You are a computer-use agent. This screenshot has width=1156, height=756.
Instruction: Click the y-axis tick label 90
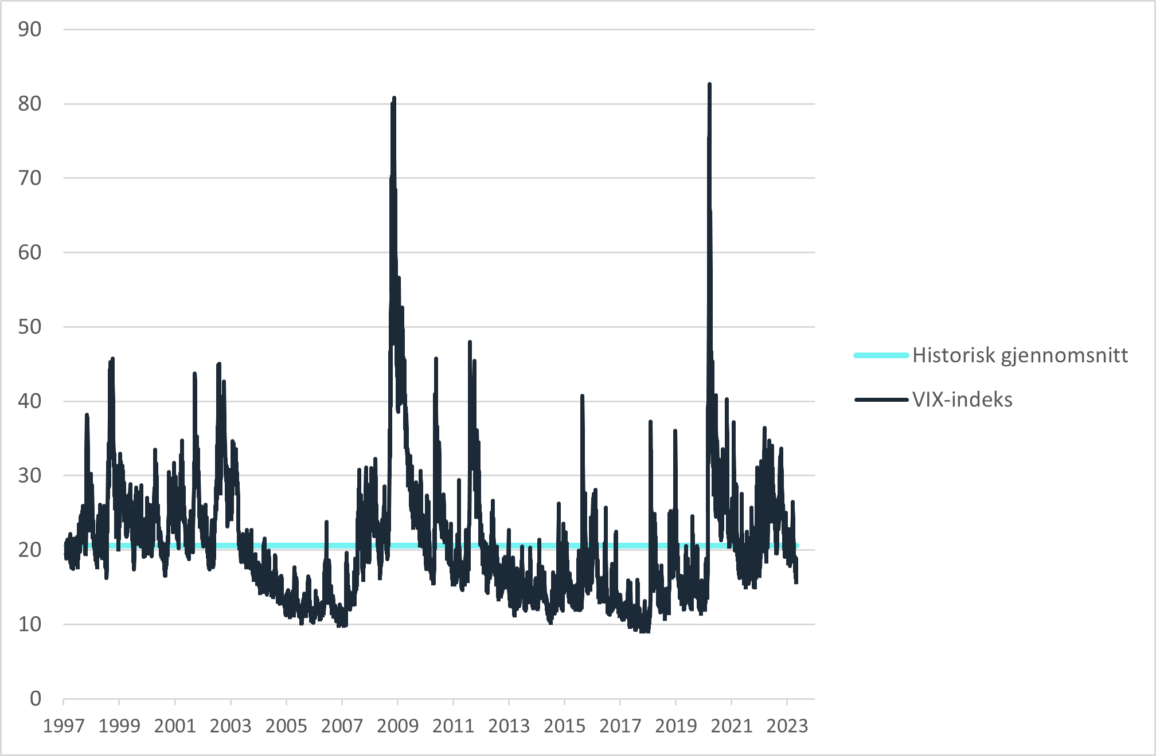pos(30,30)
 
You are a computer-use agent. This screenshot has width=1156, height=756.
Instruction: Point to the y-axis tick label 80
pos(30,104)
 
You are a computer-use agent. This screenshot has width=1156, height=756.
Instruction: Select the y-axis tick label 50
pos(30,327)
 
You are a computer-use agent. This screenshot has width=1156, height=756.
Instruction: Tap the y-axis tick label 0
pos(36,699)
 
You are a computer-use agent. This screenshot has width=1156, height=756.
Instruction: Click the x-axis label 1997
pos(64,726)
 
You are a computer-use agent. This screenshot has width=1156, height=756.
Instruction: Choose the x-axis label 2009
pos(397,726)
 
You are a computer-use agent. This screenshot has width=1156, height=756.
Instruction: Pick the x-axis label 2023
pos(787,726)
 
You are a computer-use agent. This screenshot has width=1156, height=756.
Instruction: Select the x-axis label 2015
pos(564,726)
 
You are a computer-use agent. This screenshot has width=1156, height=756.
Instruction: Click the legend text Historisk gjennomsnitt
pos(1020,355)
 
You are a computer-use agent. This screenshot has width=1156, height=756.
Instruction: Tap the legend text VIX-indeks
pos(962,399)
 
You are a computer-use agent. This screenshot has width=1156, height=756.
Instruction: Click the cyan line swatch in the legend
pos(881,355)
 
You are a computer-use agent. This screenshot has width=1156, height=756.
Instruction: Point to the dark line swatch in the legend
pos(881,399)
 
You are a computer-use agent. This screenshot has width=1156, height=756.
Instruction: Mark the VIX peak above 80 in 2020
pos(709,85)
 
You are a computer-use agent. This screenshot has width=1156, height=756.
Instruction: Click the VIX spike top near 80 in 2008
pos(394,99)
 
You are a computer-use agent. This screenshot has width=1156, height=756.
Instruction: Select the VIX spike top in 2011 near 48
pos(470,342)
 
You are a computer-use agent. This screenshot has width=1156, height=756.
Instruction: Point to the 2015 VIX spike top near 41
pos(582,396)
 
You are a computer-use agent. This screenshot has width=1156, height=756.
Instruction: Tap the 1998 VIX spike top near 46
pos(112,359)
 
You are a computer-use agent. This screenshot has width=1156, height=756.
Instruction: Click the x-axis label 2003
pos(231,726)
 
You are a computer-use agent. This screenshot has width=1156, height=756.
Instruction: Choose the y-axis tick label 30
pos(30,475)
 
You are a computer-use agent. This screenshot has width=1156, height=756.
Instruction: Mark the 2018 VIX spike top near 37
pos(650,422)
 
